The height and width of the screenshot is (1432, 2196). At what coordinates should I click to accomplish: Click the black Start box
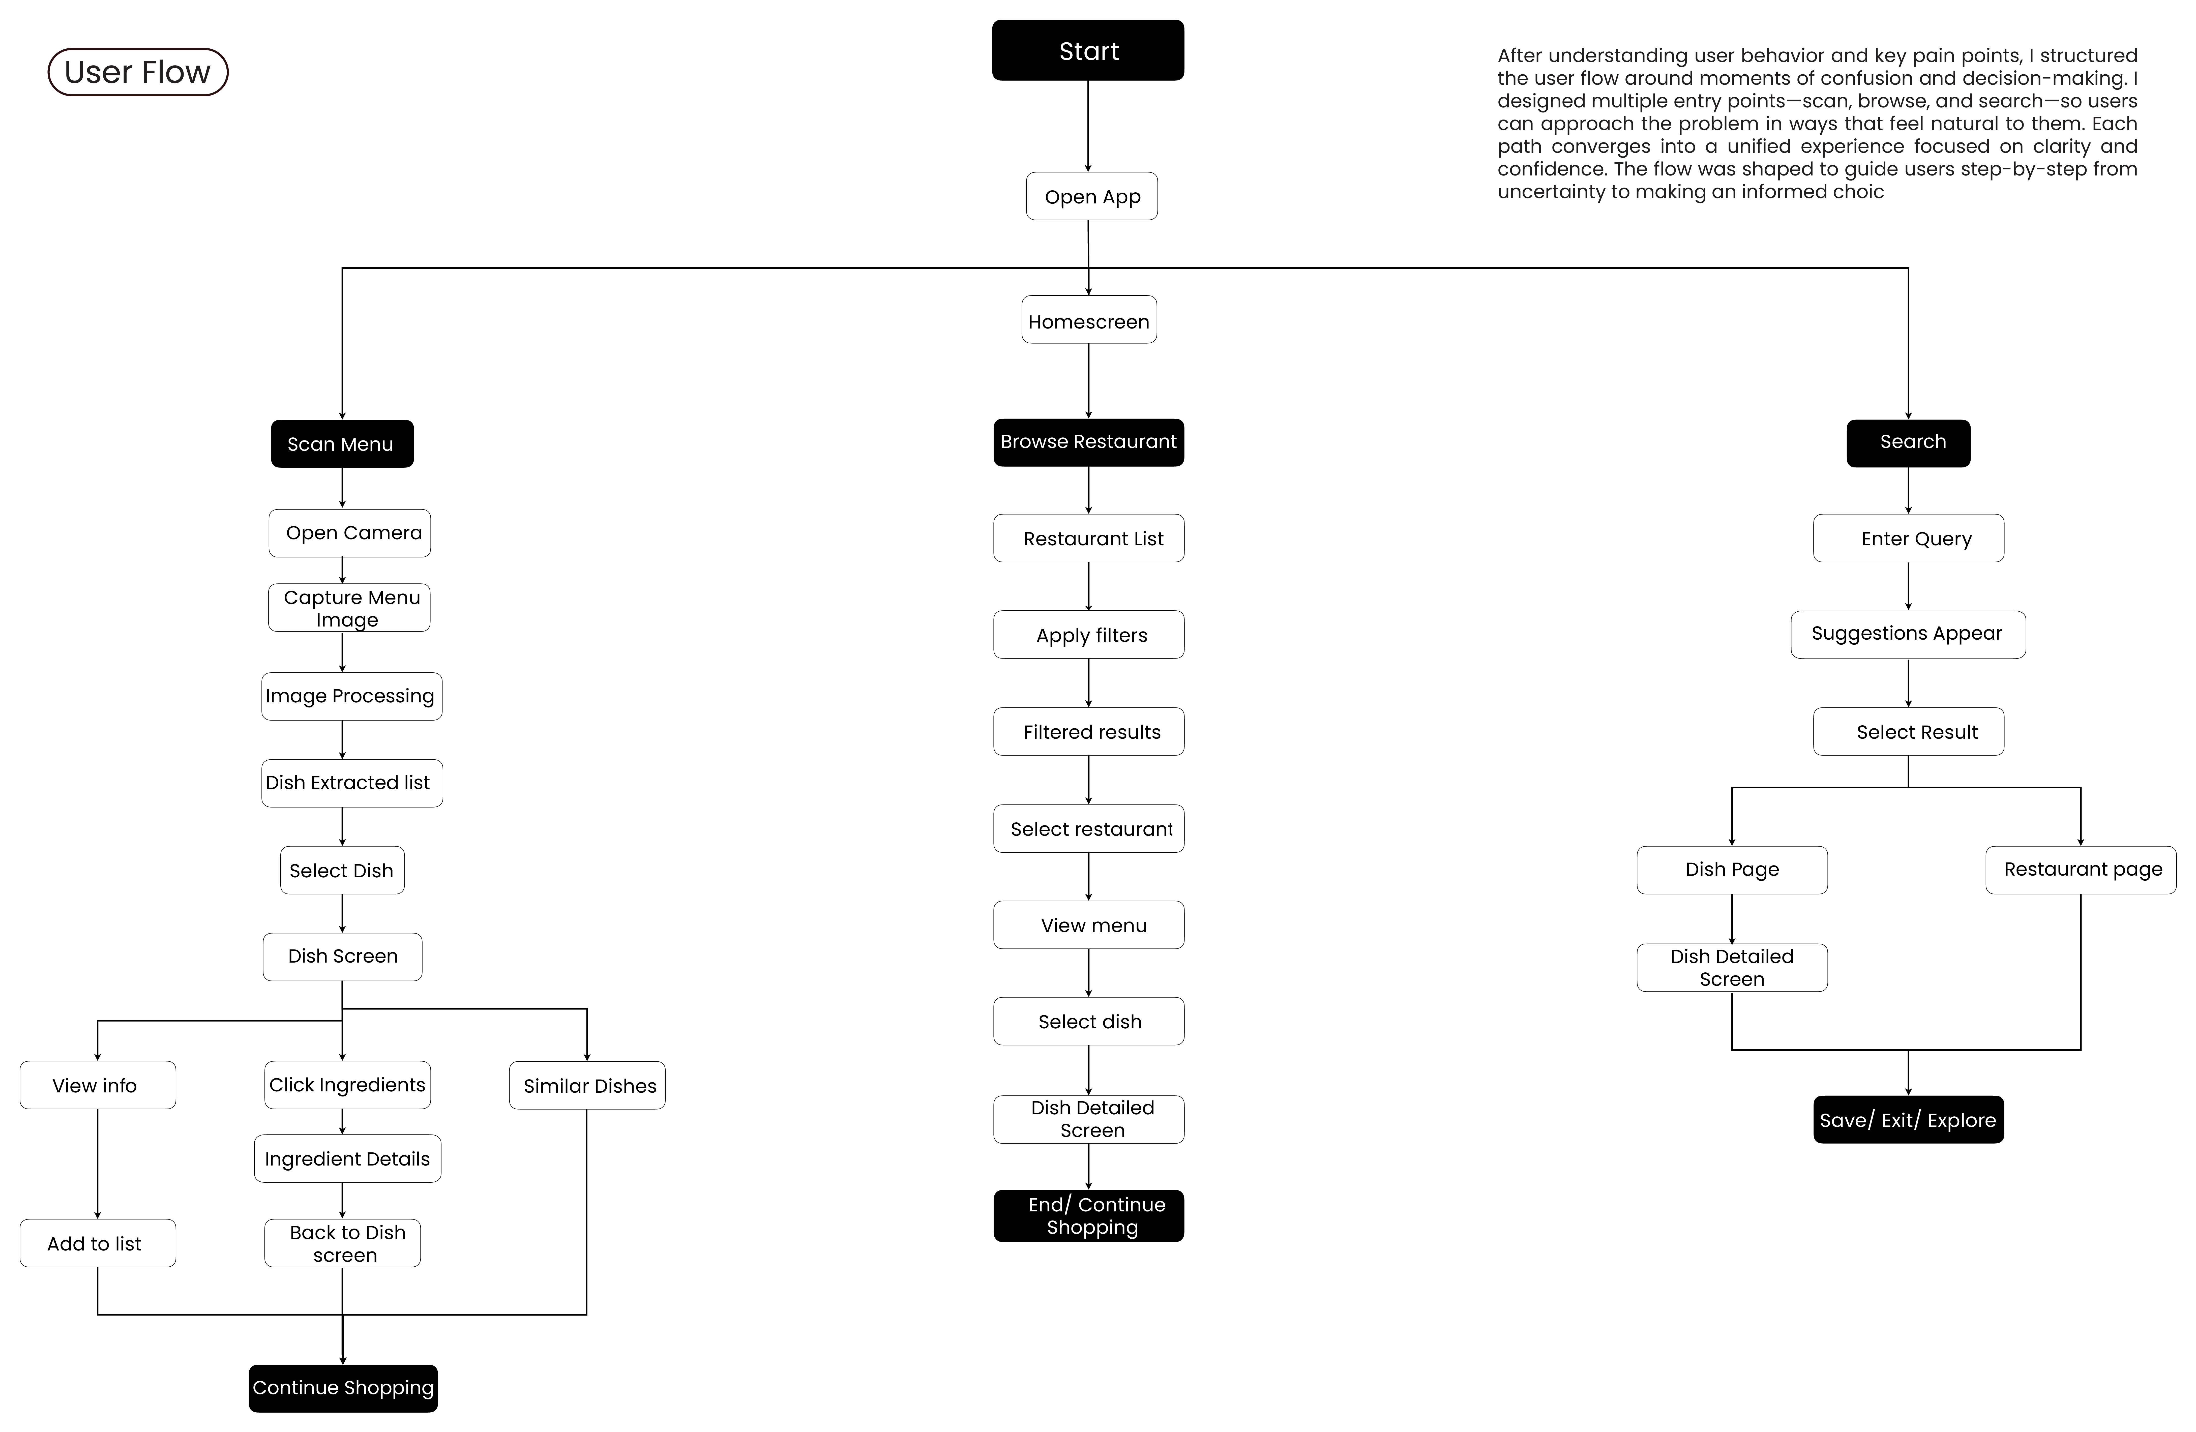pyautogui.click(x=1088, y=50)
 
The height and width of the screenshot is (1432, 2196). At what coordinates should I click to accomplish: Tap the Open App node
pyautogui.click(x=1091, y=196)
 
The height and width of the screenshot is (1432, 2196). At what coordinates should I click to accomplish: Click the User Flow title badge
pyautogui.click(x=137, y=72)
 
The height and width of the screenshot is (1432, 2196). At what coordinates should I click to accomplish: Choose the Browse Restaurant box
pyautogui.click(x=1089, y=442)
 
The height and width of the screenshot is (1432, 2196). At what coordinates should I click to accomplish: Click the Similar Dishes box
pyautogui.click(x=587, y=1085)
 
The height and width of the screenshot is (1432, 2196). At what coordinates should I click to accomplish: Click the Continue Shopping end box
pyautogui.click(x=343, y=1388)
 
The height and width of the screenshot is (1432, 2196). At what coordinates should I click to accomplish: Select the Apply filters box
pyautogui.click(x=1089, y=635)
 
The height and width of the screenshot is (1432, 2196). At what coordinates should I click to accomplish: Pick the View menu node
pyautogui.click(x=1089, y=924)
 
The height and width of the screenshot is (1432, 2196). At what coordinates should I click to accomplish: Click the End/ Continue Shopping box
pyautogui.click(x=1089, y=1216)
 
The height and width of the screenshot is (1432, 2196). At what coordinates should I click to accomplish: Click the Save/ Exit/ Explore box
pyautogui.click(x=1908, y=1119)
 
